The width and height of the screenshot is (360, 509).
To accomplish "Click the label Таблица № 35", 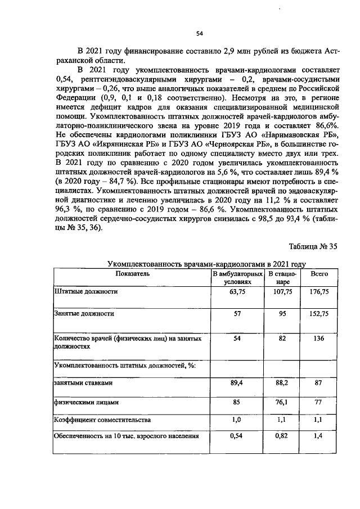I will point(313,246).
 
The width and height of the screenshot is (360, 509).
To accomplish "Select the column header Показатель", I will point(132,273).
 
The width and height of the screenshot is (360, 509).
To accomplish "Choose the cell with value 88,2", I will point(282,382).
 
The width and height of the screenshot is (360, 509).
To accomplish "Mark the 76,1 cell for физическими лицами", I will point(282,403).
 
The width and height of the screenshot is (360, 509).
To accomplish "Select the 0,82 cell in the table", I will point(282,436).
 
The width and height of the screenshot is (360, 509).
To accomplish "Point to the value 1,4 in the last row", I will point(319,436).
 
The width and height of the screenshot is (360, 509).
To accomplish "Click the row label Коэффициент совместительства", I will point(102,420).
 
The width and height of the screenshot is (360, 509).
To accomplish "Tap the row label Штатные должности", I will point(85,292).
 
